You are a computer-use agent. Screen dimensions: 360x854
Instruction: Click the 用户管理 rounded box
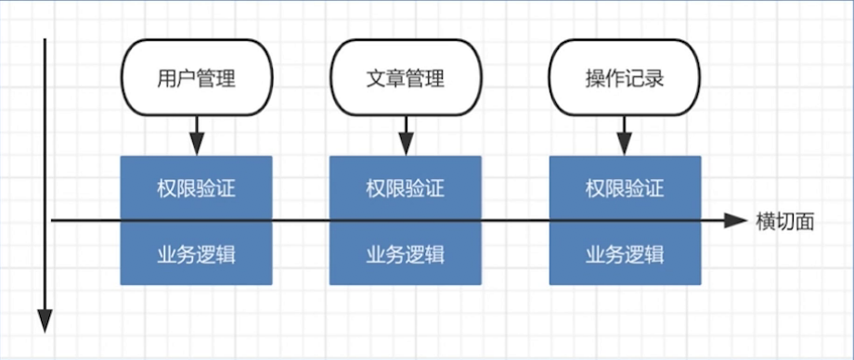pyautogui.click(x=196, y=78)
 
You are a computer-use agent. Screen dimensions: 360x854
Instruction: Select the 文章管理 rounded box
pyautogui.click(x=405, y=78)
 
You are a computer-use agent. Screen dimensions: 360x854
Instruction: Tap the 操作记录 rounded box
pyautogui.click(x=624, y=78)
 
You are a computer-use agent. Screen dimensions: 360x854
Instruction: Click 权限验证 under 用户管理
pyautogui.click(x=196, y=189)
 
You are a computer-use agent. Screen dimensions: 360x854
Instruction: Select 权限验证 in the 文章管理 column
pyautogui.click(x=405, y=189)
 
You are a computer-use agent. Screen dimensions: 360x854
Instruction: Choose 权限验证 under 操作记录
pyautogui.click(x=624, y=189)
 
